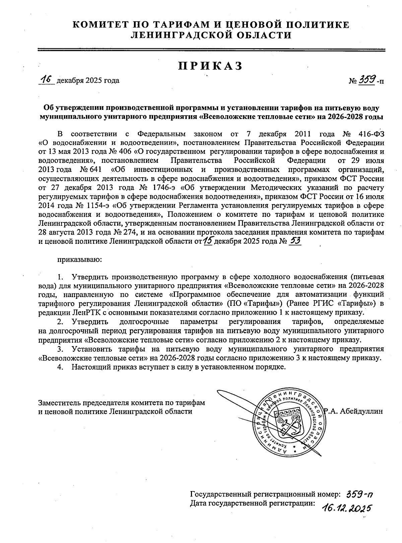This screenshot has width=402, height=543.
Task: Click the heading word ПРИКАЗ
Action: pos(210,66)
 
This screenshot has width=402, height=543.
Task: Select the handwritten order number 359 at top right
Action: pos(367,80)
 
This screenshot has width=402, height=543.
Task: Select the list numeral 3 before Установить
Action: pos(60,349)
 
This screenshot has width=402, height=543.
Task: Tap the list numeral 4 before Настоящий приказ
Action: pos(60,366)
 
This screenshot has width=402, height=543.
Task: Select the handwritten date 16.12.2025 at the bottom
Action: pos(346,508)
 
